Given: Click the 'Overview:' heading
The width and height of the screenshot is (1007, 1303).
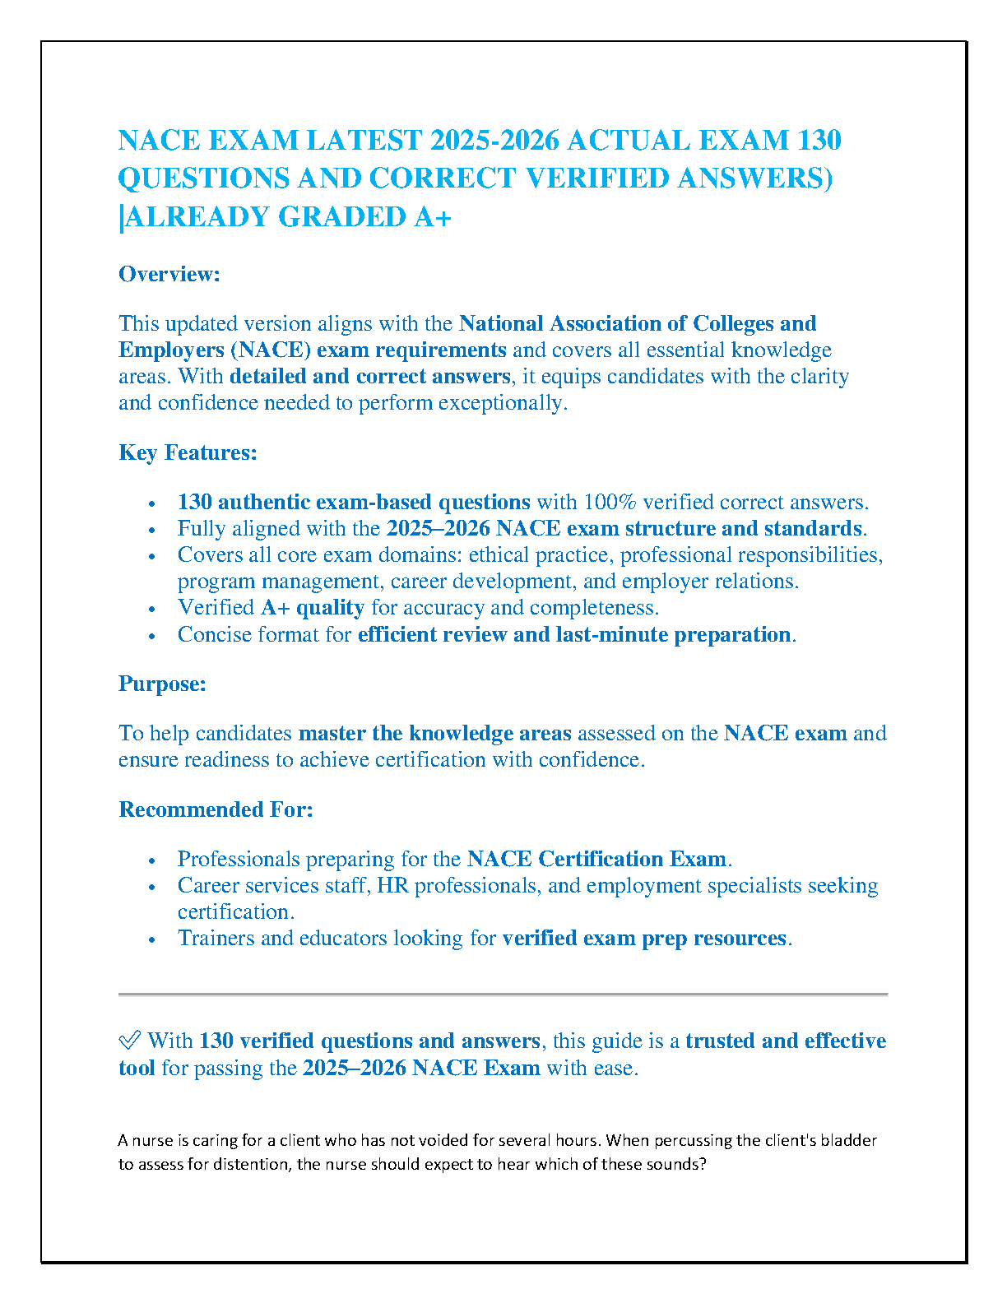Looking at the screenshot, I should click(x=169, y=274).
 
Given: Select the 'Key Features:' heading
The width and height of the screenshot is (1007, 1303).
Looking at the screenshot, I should click(x=188, y=452).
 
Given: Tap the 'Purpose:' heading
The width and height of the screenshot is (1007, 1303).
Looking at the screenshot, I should click(x=162, y=684).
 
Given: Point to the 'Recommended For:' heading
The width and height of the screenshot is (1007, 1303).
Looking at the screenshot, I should click(x=216, y=809).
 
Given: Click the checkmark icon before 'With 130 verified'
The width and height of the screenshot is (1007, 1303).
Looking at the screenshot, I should click(x=129, y=1041).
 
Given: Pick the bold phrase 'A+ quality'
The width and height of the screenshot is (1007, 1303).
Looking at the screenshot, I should click(x=313, y=608).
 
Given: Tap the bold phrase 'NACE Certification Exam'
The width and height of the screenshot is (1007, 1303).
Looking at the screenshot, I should click(x=596, y=859).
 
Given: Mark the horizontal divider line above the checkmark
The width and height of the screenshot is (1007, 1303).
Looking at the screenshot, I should click(x=503, y=995).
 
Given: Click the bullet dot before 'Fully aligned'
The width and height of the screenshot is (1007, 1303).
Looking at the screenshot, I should click(x=151, y=530).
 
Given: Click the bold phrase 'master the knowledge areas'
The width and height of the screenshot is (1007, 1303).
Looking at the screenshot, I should click(x=434, y=734).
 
